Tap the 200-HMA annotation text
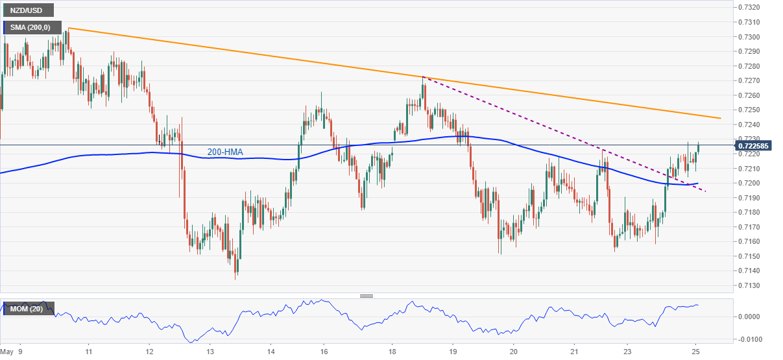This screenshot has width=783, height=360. (x=225, y=152)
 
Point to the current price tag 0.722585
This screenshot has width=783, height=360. (x=756, y=145)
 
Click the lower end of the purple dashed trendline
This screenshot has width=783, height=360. (x=706, y=191)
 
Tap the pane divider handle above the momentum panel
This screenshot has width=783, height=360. (x=367, y=296)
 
